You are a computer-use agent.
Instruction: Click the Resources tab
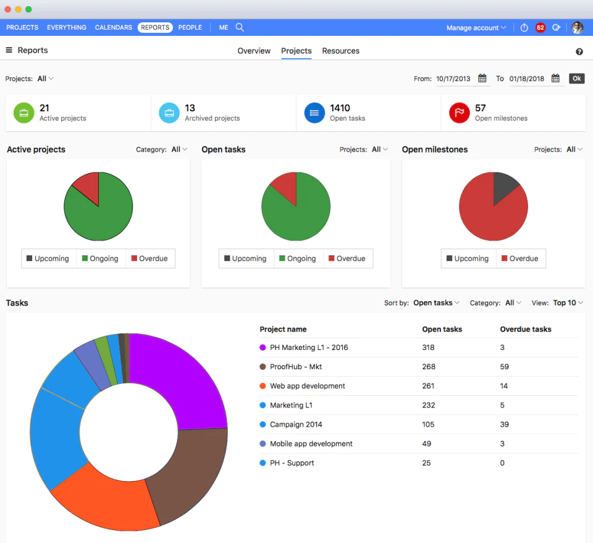(x=340, y=51)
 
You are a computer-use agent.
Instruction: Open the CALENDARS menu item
(x=114, y=27)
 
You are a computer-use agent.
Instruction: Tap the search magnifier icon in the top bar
(x=240, y=27)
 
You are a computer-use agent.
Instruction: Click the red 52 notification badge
(x=540, y=28)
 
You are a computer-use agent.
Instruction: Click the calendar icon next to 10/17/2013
(x=482, y=79)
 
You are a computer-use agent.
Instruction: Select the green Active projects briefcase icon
(x=23, y=113)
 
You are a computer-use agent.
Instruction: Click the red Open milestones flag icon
(x=459, y=113)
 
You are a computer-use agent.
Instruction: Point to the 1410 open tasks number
(x=340, y=108)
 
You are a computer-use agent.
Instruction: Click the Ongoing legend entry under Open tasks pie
(x=298, y=259)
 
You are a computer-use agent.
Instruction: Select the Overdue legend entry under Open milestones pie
(x=520, y=259)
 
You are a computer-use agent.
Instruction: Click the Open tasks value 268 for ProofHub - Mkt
(x=429, y=367)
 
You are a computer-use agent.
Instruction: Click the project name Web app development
(x=307, y=386)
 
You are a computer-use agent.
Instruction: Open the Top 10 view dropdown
(x=568, y=303)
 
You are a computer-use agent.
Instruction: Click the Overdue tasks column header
(x=525, y=329)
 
